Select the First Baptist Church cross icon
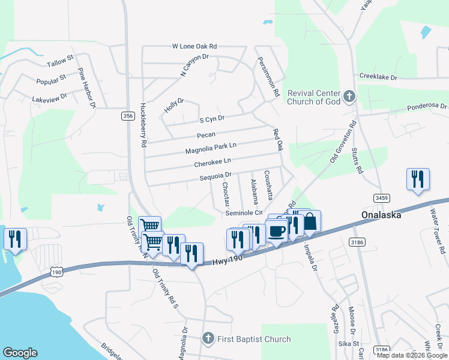208,339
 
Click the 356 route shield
127,116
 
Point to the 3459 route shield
381,197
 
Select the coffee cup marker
276,230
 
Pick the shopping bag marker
310,221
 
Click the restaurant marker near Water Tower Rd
418,179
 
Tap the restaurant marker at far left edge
14,239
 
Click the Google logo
20,353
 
